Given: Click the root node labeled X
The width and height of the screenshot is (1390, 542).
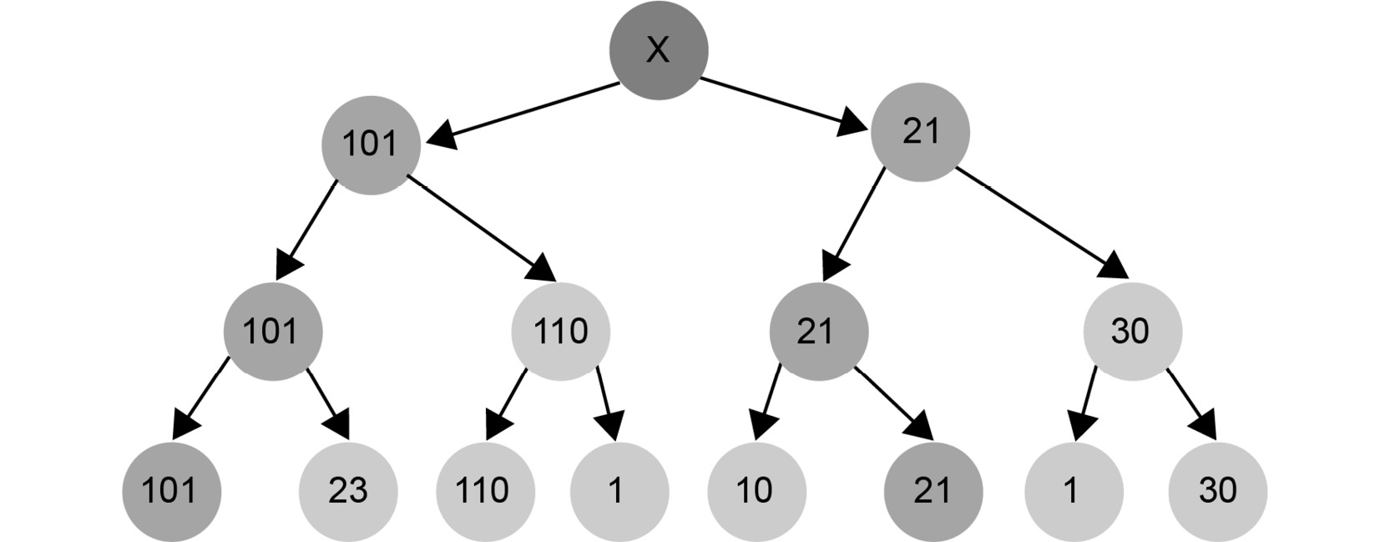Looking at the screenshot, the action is [x=659, y=50].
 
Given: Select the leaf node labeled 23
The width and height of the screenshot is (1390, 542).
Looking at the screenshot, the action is [x=348, y=492].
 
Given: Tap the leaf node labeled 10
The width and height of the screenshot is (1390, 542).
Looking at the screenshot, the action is [x=756, y=492].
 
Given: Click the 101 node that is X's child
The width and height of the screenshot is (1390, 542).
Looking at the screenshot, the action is [x=371, y=145].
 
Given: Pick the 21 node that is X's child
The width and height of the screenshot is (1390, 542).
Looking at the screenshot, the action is [x=920, y=132].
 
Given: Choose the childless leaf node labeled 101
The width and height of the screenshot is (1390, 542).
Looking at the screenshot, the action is [x=172, y=492].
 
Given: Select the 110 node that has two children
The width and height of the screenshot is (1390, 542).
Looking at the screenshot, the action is [x=561, y=332].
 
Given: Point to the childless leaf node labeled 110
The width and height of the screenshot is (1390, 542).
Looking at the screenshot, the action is [x=485, y=492].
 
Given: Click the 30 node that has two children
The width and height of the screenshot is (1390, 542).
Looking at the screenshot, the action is [x=1133, y=332].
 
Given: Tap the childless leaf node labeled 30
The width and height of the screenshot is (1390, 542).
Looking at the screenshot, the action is [x=1217, y=492].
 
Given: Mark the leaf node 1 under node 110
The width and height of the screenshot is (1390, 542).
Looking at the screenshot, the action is [x=619, y=492].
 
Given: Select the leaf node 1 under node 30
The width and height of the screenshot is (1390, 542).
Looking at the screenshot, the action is [x=1074, y=492].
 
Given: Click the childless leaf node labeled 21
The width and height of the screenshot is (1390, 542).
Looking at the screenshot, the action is [x=933, y=492].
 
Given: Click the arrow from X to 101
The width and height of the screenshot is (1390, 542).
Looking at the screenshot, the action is [x=523, y=115].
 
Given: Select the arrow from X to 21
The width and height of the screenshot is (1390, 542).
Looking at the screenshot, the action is [x=784, y=105].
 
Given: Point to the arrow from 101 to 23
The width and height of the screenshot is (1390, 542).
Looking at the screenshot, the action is [x=328, y=404].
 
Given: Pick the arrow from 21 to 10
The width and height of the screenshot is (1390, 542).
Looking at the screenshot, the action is [x=767, y=403].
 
